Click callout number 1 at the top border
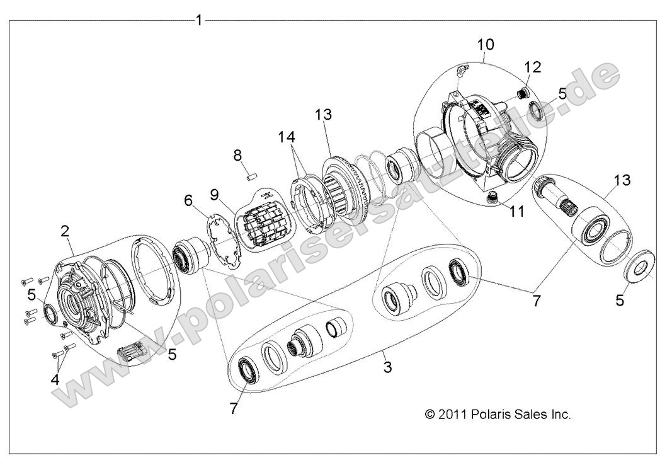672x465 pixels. coord(199,20)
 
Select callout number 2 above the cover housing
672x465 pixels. coord(64,231)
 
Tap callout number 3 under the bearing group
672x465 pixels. coord(387,367)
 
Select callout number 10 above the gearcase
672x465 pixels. coord(486,45)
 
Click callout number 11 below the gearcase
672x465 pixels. coord(516,212)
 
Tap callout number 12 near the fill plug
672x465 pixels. coord(532,67)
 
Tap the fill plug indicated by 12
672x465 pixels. coord(521,94)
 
